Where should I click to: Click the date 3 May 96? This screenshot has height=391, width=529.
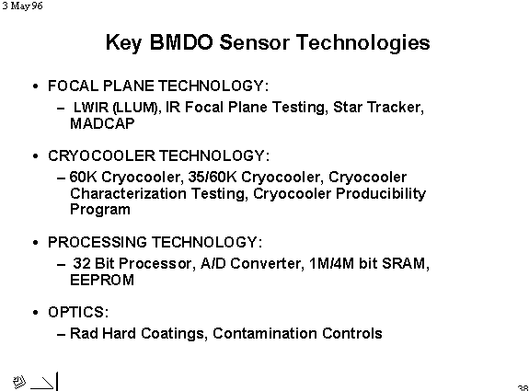(23, 6)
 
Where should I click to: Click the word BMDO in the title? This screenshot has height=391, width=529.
(181, 42)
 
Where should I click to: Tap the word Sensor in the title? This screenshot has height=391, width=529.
(254, 42)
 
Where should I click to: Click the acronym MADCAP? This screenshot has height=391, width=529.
(102, 123)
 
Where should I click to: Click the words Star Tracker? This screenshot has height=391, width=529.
(378, 107)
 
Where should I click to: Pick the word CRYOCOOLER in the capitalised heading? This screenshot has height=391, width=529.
(101, 155)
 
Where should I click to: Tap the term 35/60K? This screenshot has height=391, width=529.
(213, 177)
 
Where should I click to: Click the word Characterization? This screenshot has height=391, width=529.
(128, 193)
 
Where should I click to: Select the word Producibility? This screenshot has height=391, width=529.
(381, 193)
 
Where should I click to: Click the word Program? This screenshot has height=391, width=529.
(100, 210)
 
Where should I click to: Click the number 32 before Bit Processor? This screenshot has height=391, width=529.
(82, 263)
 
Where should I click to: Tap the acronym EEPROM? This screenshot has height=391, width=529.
(102, 280)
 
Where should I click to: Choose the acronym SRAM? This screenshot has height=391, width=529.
(406, 263)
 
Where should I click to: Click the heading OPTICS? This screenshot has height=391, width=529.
(78, 312)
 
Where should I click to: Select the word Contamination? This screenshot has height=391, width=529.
(265, 333)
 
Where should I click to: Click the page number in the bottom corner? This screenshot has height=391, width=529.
(523, 388)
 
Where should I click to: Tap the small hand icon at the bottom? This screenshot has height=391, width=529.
(19, 382)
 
